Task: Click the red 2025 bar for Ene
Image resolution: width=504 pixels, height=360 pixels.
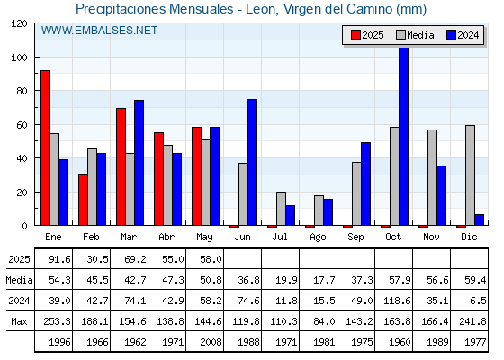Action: (45, 148)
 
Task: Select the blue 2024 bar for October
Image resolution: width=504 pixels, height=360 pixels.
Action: (404, 136)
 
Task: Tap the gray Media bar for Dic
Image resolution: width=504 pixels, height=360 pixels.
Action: (470, 175)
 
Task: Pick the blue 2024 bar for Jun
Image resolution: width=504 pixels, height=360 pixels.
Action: (252, 162)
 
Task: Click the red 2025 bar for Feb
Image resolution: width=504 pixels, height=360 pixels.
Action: (83, 200)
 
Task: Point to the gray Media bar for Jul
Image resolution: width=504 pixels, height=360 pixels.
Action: (281, 209)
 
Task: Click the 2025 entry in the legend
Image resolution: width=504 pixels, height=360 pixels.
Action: (367, 35)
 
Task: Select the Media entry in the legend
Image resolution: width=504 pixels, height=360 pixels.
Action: (415, 35)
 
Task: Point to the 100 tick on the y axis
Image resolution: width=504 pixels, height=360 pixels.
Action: (37, 58)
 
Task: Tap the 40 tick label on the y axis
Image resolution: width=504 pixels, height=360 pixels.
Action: (22, 158)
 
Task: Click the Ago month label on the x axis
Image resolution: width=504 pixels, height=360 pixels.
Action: (318, 238)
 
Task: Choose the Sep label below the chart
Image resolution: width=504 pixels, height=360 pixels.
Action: (355, 238)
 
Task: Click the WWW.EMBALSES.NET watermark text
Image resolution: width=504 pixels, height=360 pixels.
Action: (99, 31)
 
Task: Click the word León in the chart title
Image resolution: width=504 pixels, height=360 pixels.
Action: (261, 9)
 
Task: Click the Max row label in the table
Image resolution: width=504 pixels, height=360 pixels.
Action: (19, 321)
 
